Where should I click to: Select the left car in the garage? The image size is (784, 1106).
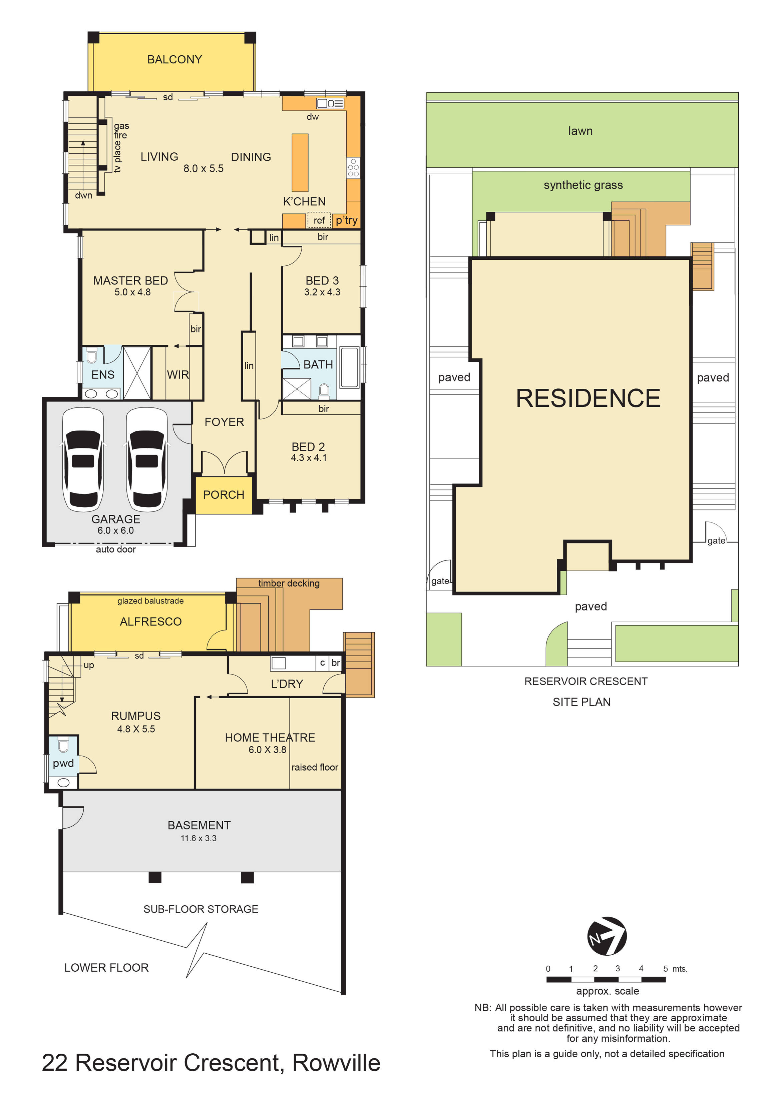click(x=83, y=459)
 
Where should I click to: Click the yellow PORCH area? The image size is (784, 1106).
click(x=224, y=495)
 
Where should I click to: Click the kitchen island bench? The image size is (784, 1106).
click(x=300, y=163)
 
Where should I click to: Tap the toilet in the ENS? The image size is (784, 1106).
click(x=92, y=356)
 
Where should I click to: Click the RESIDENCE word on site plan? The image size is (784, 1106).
click(x=587, y=398)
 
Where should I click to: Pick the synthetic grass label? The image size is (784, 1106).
click(x=583, y=185)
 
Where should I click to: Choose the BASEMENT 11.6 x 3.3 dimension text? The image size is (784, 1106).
click(x=199, y=838)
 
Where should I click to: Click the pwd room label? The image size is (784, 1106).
click(x=63, y=763)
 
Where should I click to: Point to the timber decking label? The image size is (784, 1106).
click(x=289, y=584)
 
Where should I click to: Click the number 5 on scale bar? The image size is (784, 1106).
click(x=665, y=969)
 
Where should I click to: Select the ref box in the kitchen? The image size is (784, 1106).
click(x=319, y=220)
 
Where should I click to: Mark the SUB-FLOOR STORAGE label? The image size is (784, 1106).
click(x=201, y=909)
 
